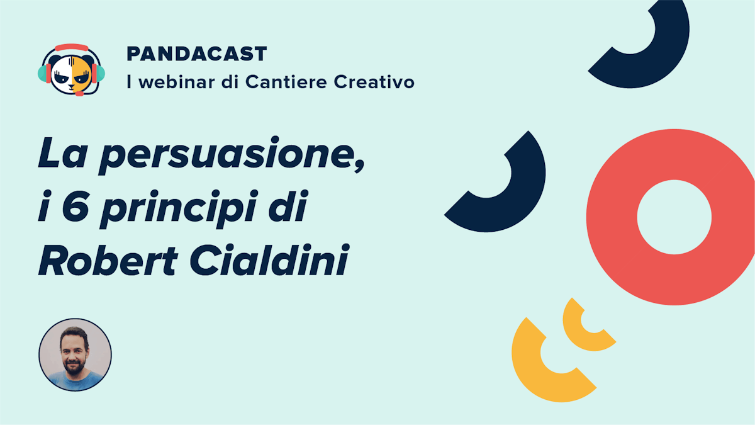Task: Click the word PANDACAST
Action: tap(197, 54)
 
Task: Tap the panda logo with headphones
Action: tap(72, 70)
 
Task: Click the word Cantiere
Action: tap(286, 82)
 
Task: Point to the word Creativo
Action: tap(374, 82)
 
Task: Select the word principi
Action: tap(179, 209)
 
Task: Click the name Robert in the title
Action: tap(108, 260)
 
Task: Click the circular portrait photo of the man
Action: tap(75, 355)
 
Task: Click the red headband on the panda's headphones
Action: tap(72, 47)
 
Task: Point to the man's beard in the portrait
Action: tap(73, 366)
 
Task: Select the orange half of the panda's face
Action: tap(81, 74)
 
